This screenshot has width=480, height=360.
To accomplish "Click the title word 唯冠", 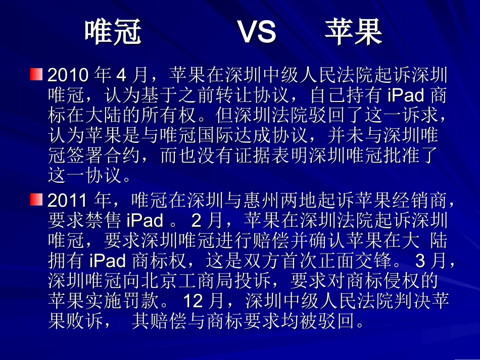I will click(x=113, y=32).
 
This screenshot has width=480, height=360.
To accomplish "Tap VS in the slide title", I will click(x=257, y=32).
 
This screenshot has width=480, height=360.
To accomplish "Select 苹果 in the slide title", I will click(x=353, y=32).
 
